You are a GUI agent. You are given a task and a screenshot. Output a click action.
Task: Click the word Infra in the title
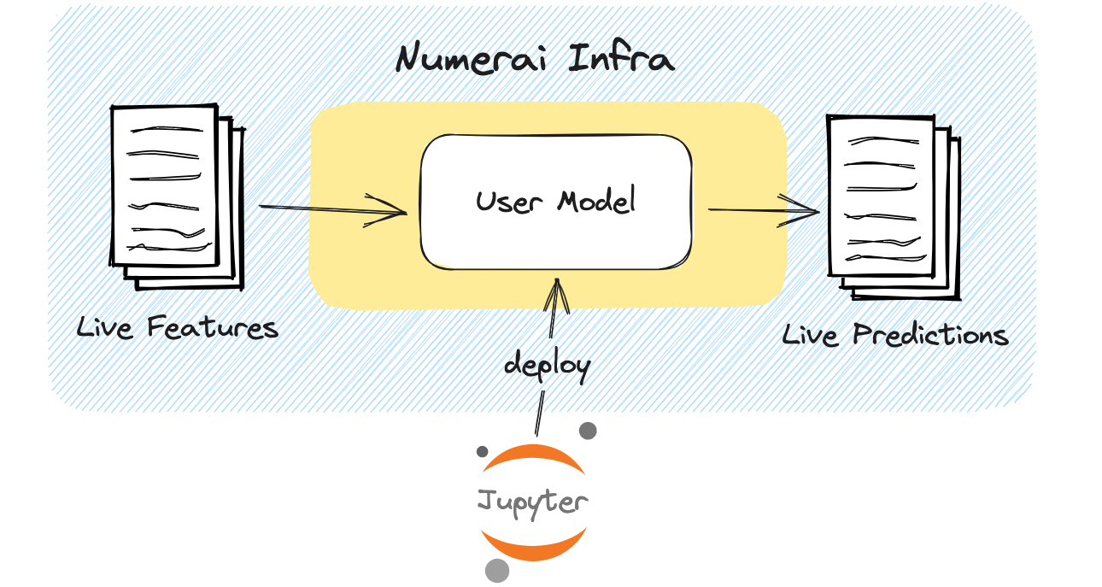[x=621, y=58]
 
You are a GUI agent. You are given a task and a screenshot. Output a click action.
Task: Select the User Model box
[x=556, y=202]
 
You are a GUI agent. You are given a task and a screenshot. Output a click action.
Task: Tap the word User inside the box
[x=508, y=202]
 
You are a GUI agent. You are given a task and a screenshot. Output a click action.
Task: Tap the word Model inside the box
[x=596, y=200]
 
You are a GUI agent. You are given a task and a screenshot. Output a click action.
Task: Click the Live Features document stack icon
[x=177, y=197]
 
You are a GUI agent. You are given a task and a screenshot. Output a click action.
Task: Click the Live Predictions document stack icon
[x=894, y=208]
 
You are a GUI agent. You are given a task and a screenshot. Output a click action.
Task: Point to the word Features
[x=213, y=327]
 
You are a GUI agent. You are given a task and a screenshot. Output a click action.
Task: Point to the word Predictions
[x=930, y=335]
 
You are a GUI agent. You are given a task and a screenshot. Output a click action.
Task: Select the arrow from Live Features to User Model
[x=333, y=209]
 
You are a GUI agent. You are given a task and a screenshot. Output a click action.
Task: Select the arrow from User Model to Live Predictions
[x=764, y=210]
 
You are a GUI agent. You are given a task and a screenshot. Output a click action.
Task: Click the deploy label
[x=547, y=365]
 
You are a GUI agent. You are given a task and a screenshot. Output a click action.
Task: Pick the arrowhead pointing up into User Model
[x=557, y=296]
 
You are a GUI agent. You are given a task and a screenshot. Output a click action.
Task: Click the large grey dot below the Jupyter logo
[x=497, y=571]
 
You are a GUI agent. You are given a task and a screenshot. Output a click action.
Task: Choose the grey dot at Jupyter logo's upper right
[x=588, y=431]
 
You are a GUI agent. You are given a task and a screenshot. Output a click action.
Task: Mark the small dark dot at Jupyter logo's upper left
[x=482, y=451]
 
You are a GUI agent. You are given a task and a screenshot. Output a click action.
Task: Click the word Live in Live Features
[x=105, y=326]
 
